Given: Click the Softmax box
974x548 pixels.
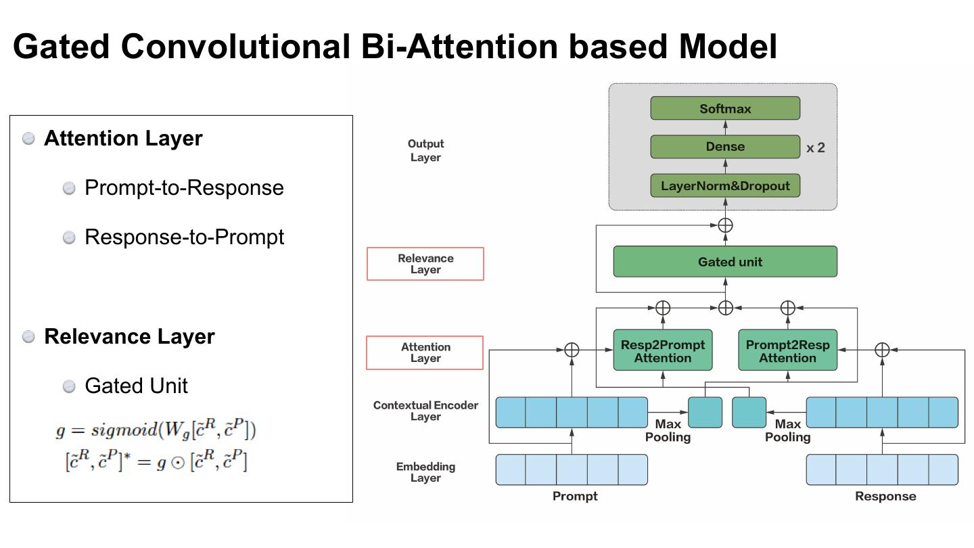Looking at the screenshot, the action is (725, 108).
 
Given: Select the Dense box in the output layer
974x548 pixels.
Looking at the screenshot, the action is (725, 147).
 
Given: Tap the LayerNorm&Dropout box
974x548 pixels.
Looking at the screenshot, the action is (725, 185).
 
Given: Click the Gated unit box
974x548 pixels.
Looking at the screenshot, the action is (725, 261).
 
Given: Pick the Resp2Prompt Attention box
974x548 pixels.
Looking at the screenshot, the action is (663, 350).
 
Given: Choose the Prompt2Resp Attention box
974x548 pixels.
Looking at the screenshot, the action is (787, 350).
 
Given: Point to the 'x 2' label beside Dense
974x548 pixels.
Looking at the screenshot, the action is (815, 148).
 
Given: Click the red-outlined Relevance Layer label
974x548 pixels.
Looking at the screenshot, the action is (425, 264).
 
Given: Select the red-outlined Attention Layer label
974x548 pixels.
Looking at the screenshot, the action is (425, 352).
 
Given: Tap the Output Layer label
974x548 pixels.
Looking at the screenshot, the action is (425, 150).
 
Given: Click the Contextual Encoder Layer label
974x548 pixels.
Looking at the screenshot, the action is (425, 411).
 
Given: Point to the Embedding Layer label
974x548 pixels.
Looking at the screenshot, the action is (425, 472).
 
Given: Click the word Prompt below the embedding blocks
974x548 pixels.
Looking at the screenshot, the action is (575, 497).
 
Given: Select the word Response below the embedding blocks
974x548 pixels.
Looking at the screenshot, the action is (885, 497).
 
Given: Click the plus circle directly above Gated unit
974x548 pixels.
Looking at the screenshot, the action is (725, 225).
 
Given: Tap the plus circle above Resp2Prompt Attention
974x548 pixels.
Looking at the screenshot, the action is (663, 308).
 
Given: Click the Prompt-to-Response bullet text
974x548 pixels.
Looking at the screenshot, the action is (184, 188).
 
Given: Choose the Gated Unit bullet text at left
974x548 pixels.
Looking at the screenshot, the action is (136, 386).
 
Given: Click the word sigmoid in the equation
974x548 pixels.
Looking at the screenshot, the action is (124, 430).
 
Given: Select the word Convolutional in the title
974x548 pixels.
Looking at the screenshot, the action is (235, 47).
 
